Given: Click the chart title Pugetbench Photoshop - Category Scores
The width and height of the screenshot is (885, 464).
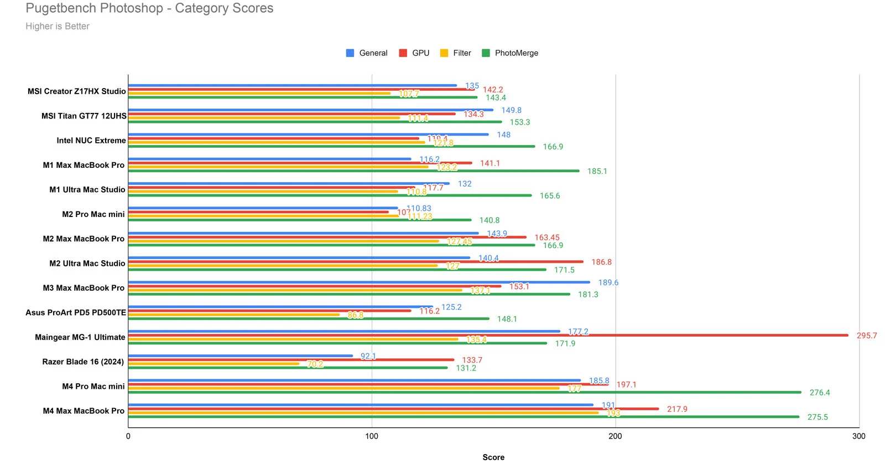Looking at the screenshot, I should [149, 8].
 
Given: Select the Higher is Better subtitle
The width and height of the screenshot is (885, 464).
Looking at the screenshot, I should [58, 26].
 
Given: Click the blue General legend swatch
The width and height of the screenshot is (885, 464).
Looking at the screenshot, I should [350, 53].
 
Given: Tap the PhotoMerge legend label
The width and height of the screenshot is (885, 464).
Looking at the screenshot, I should [516, 53].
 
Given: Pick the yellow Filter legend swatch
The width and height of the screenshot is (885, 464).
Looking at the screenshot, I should [444, 53].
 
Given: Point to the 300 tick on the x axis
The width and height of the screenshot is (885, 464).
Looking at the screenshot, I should [858, 436].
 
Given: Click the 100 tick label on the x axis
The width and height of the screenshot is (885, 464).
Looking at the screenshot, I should [372, 436].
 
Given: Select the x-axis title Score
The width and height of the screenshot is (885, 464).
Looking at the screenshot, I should [493, 457].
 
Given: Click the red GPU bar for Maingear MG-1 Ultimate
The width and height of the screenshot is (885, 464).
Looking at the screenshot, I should [487, 335].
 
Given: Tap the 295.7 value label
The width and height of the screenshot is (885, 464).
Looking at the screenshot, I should [867, 336].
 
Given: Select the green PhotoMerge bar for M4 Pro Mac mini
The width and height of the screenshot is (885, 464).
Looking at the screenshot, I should [465, 392].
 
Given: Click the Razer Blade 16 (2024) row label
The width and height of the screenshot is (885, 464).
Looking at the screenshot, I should [83, 362].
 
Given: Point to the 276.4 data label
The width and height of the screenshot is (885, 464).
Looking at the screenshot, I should [820, 393].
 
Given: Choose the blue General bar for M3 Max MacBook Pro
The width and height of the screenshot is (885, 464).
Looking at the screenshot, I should [360, 282].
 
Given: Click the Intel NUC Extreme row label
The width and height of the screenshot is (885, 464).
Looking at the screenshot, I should [91, 141].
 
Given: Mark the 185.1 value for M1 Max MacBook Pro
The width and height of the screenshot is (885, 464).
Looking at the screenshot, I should [597, 171].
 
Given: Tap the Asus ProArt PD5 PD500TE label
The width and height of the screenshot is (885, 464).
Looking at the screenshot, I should [76, 313].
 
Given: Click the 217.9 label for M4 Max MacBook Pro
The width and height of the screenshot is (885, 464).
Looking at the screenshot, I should [677, 409].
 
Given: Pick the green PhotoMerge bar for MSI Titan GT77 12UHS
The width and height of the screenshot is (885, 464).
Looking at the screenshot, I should [315, 122].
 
